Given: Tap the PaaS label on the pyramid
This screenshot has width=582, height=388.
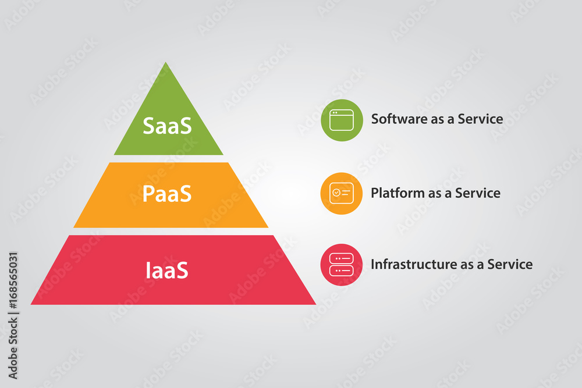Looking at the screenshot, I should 168,194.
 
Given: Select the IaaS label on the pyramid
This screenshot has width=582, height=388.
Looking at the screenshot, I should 167,270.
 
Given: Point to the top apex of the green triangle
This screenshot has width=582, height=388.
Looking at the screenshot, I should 166,63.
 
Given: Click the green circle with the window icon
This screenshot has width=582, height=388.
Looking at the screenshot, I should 342,120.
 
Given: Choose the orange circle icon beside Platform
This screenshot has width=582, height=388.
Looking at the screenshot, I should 341,193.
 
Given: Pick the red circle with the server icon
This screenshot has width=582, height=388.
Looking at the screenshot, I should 341,265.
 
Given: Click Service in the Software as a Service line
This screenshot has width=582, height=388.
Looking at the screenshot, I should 480,119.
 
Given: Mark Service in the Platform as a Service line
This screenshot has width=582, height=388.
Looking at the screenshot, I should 478,193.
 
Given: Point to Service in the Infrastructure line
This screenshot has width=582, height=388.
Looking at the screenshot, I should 510,264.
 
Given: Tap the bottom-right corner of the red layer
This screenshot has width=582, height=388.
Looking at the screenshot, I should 315,304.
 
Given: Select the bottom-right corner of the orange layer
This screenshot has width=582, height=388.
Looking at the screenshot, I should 267,227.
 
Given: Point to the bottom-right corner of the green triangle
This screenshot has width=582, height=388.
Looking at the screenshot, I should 222,154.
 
